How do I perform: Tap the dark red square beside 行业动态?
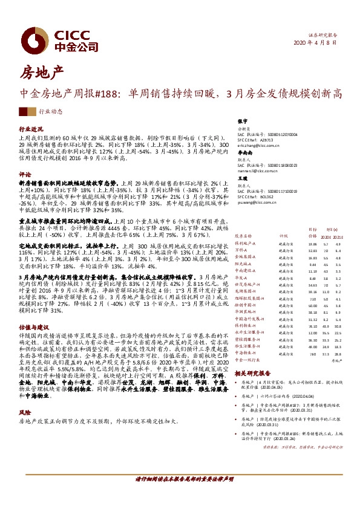pos(23,112)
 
